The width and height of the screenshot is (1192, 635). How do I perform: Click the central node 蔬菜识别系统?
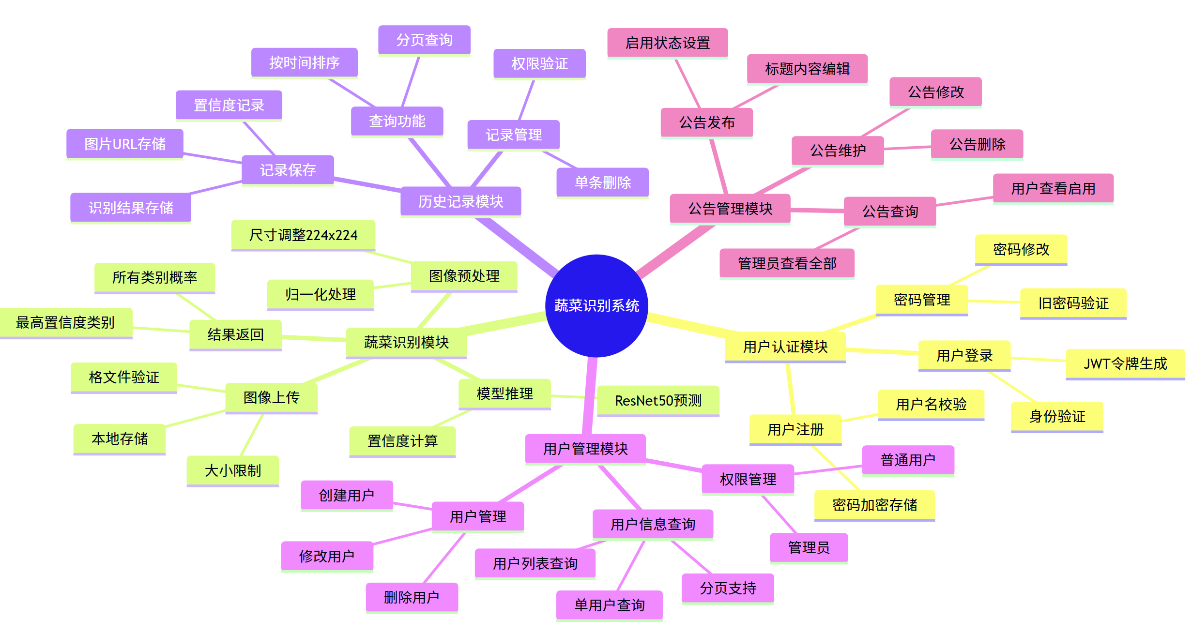coord(596,305)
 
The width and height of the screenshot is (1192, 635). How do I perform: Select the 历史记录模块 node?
coord(460,201)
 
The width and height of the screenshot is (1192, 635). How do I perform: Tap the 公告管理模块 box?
coord(730,209)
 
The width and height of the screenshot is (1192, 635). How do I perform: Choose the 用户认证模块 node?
coord(785,347)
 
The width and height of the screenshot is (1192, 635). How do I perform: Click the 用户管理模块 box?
coord(585,449)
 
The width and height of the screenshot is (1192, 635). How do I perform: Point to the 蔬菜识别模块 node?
coord(406,342)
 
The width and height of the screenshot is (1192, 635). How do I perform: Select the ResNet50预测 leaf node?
coord(658,400)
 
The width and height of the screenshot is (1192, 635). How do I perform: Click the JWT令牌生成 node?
coord(1125,363)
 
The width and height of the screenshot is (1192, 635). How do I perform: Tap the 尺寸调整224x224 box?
coord(303,235)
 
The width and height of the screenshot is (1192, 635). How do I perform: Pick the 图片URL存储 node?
coord(125,144)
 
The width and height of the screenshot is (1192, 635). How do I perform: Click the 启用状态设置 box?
coord(667,43)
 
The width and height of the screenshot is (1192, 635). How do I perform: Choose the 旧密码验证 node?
coord(1073,303)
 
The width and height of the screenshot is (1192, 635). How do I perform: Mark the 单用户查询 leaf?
coord(609,605)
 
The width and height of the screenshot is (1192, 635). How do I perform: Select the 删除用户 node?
coord(412,597)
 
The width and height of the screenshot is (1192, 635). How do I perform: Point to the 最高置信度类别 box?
coord(65,322)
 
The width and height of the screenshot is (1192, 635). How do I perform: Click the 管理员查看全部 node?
coord(787,263)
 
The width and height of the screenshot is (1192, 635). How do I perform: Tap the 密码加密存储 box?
coord(874,505)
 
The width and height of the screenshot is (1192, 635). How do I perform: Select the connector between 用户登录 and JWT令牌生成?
coord(1038,359)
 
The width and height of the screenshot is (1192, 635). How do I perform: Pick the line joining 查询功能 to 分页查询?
coord(411,81)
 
